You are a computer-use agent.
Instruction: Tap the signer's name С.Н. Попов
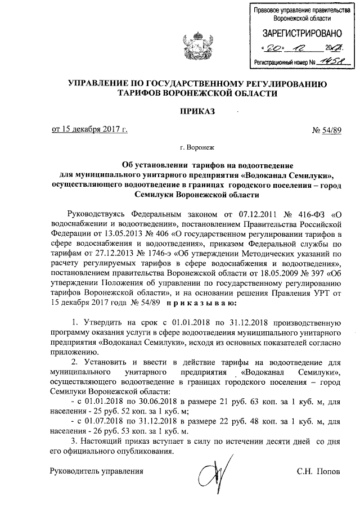(x=319, y=471)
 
